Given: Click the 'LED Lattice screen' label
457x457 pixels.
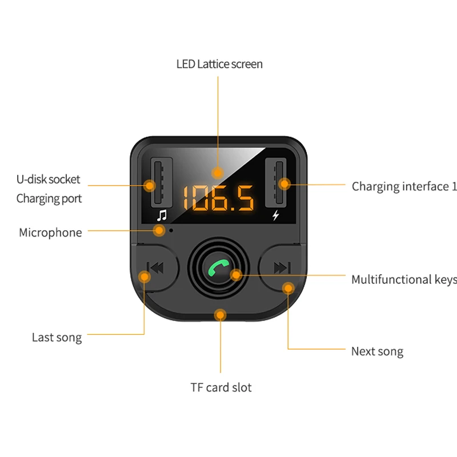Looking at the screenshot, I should point(219,64).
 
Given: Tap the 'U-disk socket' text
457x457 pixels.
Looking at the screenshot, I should point(48,179).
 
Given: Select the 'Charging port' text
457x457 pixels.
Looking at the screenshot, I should point(49,199).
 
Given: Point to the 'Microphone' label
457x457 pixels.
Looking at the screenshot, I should point(50,232).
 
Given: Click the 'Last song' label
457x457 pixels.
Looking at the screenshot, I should point(57,338).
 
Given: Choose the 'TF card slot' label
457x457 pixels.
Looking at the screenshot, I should point(221,387).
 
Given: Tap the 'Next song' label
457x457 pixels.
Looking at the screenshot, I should point(377,351).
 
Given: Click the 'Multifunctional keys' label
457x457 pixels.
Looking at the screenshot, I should point(404,279).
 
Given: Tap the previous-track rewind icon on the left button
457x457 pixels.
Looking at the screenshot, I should point(155,267).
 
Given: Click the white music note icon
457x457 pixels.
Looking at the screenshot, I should point(162,215).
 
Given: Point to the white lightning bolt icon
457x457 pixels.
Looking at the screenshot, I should point(277,215).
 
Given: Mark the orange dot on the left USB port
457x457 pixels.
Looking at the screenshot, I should point(150,186).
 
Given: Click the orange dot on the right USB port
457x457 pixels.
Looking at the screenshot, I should point(285,184).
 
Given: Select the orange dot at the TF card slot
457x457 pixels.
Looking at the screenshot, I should point(221,314).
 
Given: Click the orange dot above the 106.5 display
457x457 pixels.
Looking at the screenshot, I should point(217,172).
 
